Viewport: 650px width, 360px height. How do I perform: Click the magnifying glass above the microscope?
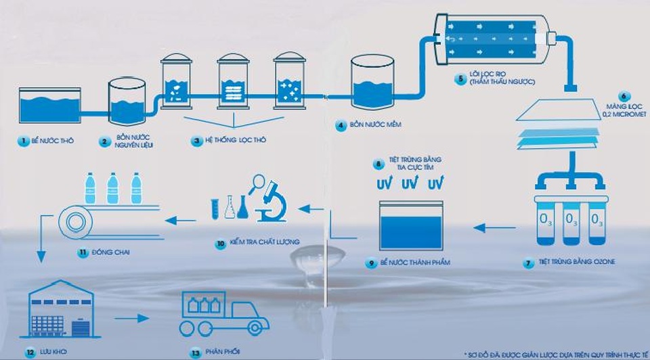(257, 181)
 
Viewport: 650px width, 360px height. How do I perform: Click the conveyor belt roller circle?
(72, 221)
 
